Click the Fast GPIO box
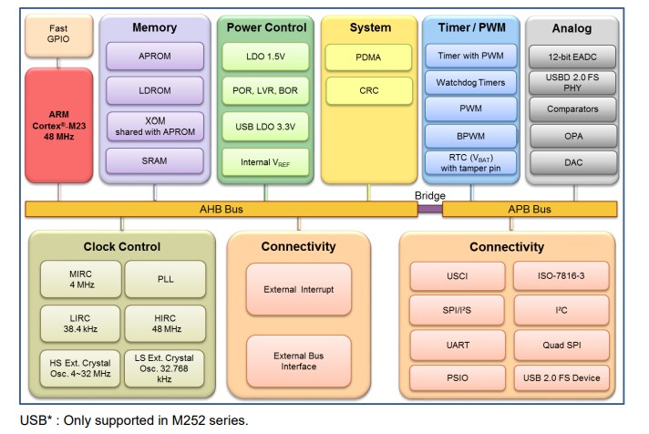click(x=57, y=35)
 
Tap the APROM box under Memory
click(x=155, y=57)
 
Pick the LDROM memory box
click(x=155, y=91)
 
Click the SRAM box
click(x=155, y=160)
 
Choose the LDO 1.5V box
click(x=265, y=57)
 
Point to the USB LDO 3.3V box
click(x=265, y=126)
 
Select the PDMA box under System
click(x=369, y=57)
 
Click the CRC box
click(x=369, y=90)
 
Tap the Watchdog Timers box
click(x=472, y=83)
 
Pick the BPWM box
click(x=472, y=136)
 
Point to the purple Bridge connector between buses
click(x=430, y=209)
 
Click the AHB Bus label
click(x=221, y=209)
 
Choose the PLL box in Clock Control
click(x=165, y=278)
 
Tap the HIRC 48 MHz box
click(x=165, y=322)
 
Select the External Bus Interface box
click(x=299, y=360)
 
